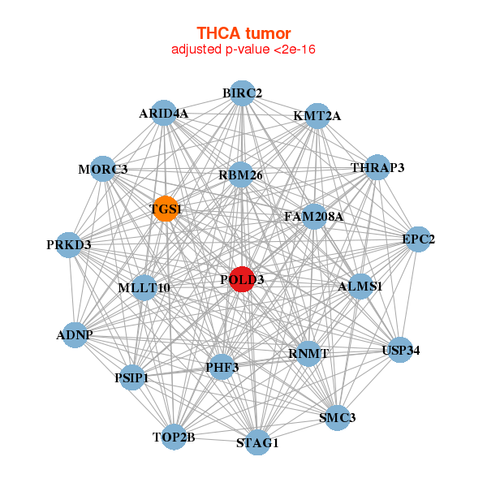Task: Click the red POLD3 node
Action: click(x=242, y=279)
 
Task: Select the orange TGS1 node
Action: click(x=165, y=209)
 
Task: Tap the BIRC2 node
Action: click(x=241, y=93)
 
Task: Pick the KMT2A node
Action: click(x=317, y=116)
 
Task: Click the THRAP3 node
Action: click(x=377, y=168)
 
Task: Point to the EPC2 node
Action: click(x=418, y=239)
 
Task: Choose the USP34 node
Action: click(x=400, y=351)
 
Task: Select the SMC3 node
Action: click(x=337, y=417)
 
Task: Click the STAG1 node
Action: click(x=257, y=442)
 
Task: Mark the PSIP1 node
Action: click(x=132, y=377)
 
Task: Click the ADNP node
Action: click(x=75, y=334)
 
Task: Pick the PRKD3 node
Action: click(x=69, y=244)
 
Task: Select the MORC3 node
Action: click(x=102, y=169)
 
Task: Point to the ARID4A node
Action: click(x=163, y=114)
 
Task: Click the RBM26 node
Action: click(x=240, y=175)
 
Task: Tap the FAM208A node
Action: click(x=313, y=217)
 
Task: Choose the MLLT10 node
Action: click(x=144, y=287)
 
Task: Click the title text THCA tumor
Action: click(x=243, y=33)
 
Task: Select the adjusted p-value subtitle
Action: click(x=243, y=50)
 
